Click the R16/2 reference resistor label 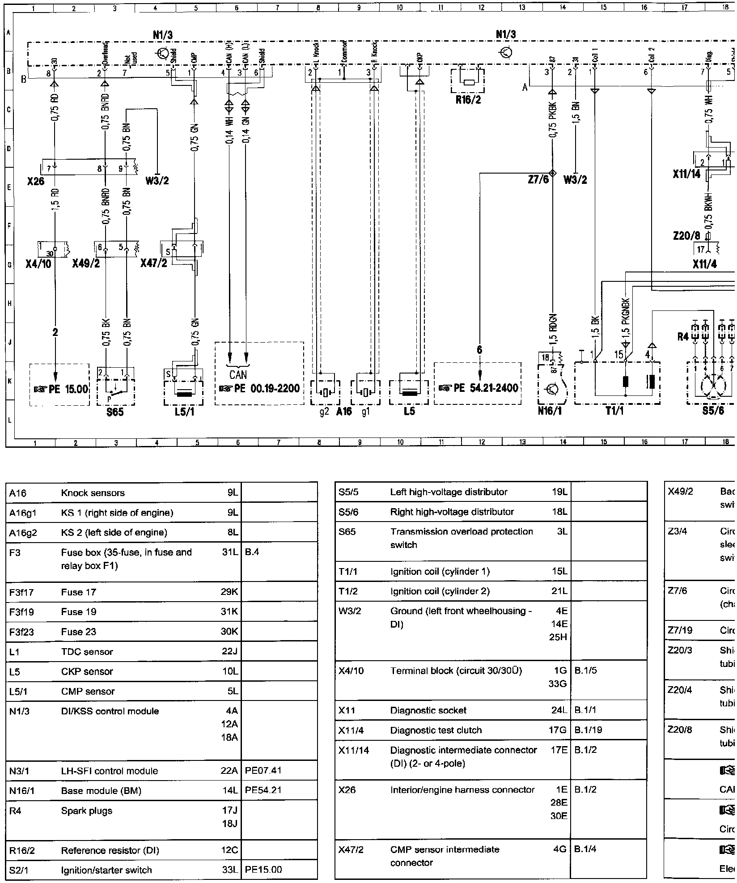(x=468, y=100)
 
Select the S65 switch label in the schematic (x=115, y=412)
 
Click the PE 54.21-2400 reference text (x=478, y=388)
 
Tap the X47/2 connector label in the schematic (x=153, y=263)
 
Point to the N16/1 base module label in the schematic (x=550, y=411)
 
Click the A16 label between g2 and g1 (x=344, y=412)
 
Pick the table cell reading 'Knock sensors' (x=93, y=493)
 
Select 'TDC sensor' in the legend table (x=87, y=652)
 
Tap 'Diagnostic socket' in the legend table (x=428, y=710)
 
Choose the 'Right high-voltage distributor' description (x=452, y=512)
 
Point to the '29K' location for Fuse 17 (x=229, y=592)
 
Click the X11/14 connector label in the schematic (x=686, y=174)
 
